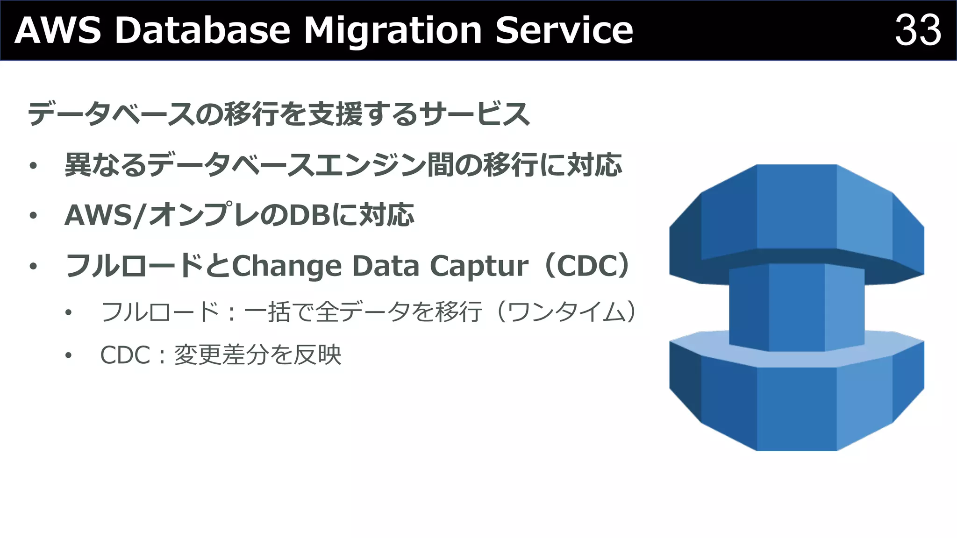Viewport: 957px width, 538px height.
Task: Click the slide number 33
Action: (x=917, y=30)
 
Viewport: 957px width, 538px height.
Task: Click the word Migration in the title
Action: (x=393, y=30)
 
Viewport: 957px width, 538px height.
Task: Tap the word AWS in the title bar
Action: (x=58, y=30)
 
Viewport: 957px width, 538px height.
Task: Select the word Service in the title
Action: (x=564, y=30)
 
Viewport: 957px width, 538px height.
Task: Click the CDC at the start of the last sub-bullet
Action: (x=125, y=355)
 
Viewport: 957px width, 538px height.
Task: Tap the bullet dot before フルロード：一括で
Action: (x=69, y=312)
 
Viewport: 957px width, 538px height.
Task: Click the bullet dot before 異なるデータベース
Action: (x=33, y=166)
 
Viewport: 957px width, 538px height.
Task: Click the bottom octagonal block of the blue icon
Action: (x=797, y=406)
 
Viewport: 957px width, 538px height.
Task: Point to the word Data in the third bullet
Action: (x=385, y=266)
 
